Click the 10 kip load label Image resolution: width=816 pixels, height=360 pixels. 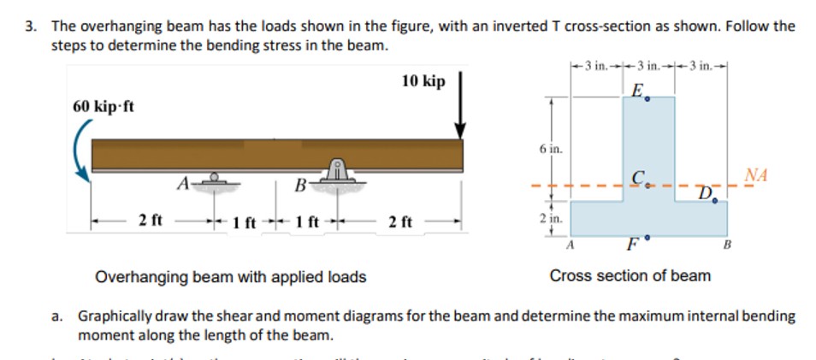pos(423,82)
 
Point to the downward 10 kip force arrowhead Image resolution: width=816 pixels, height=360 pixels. pos(460,129)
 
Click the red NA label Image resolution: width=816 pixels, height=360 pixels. pos(756,175)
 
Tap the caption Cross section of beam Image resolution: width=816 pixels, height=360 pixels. pos(630,275)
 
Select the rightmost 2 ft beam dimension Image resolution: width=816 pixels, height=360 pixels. pos(399,222)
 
